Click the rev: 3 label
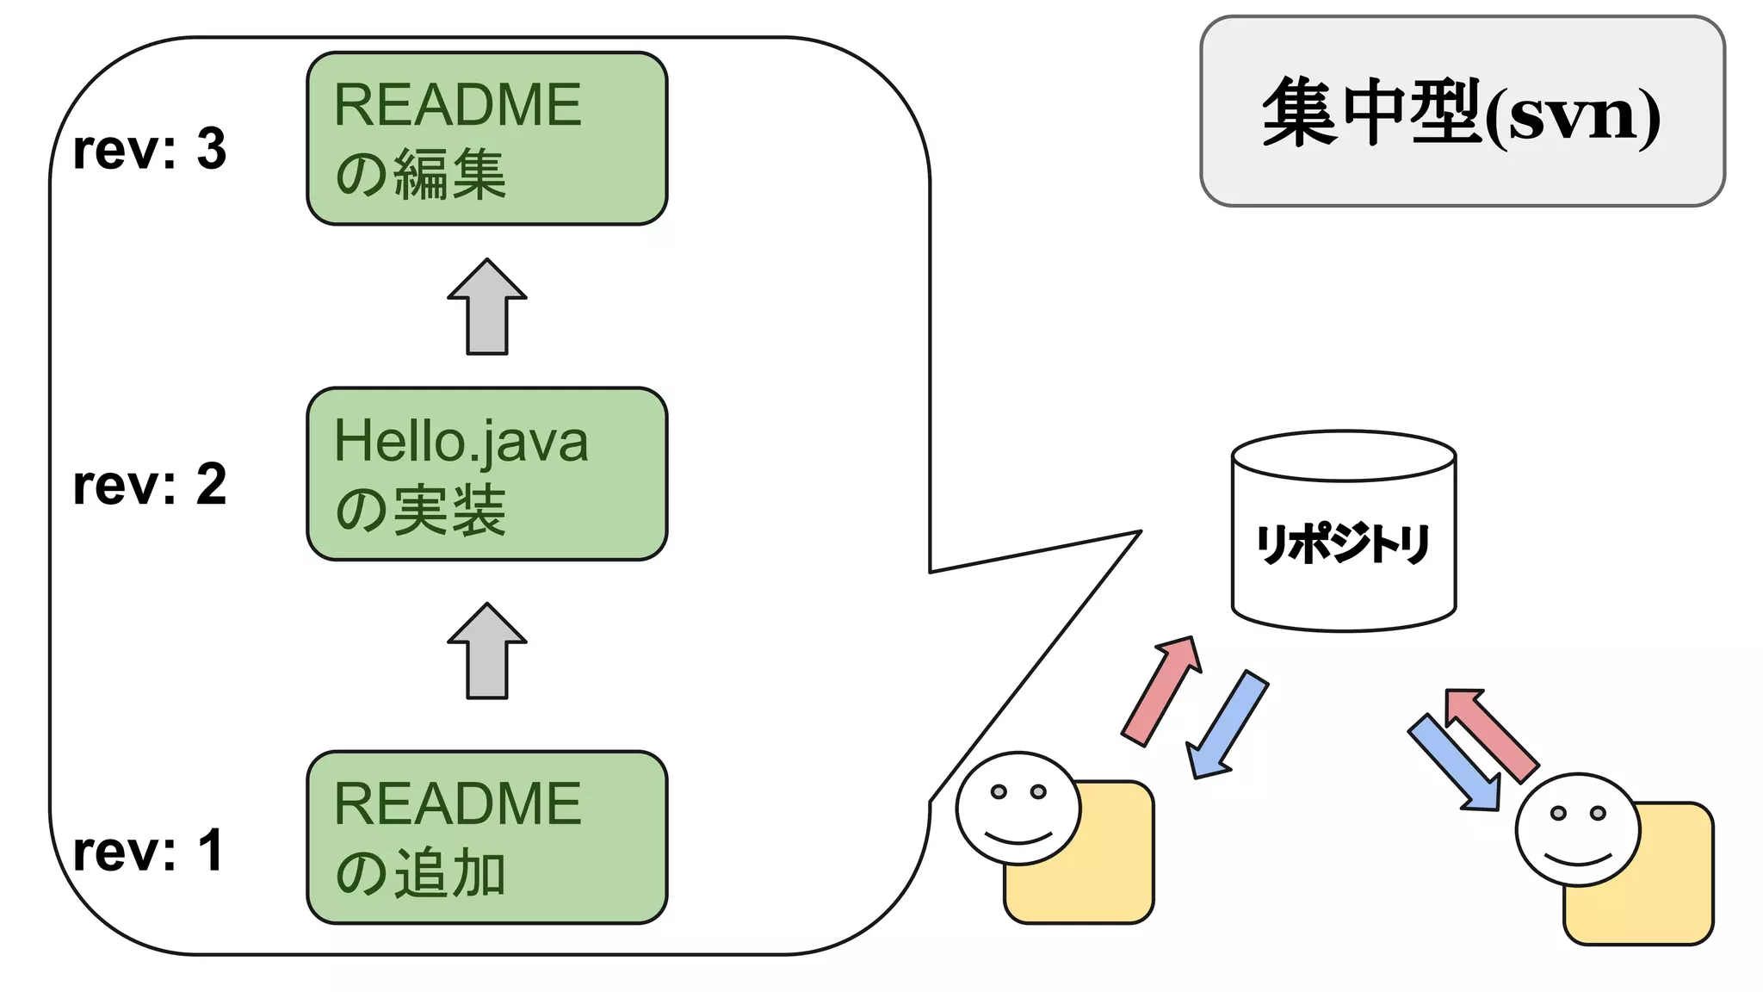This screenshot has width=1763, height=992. [x=150, y=149]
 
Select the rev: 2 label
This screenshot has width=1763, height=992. [x=150, y=485]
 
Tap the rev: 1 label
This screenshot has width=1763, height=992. [x=148, y=852]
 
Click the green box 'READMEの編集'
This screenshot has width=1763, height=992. [x=487, y=139]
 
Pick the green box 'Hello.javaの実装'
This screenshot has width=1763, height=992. [x=487, y=474]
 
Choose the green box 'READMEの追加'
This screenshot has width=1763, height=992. [x=487, y=838]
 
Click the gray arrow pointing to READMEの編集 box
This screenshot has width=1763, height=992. [x=487, y=307]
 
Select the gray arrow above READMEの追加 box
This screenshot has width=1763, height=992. [x=487, y=652]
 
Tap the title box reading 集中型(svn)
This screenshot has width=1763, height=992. [x=1462, y=111]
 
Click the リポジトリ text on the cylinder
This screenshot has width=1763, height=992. [x=1343, y=544]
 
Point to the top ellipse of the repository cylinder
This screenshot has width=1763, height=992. [x=1343, y=456]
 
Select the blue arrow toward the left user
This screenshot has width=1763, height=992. [x=1226, y=725]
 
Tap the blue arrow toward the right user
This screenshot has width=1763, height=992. [x=1456, y=763]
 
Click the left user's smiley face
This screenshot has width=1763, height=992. [x=1018, y=808]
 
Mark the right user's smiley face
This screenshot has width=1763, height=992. [x=1578, y=829]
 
